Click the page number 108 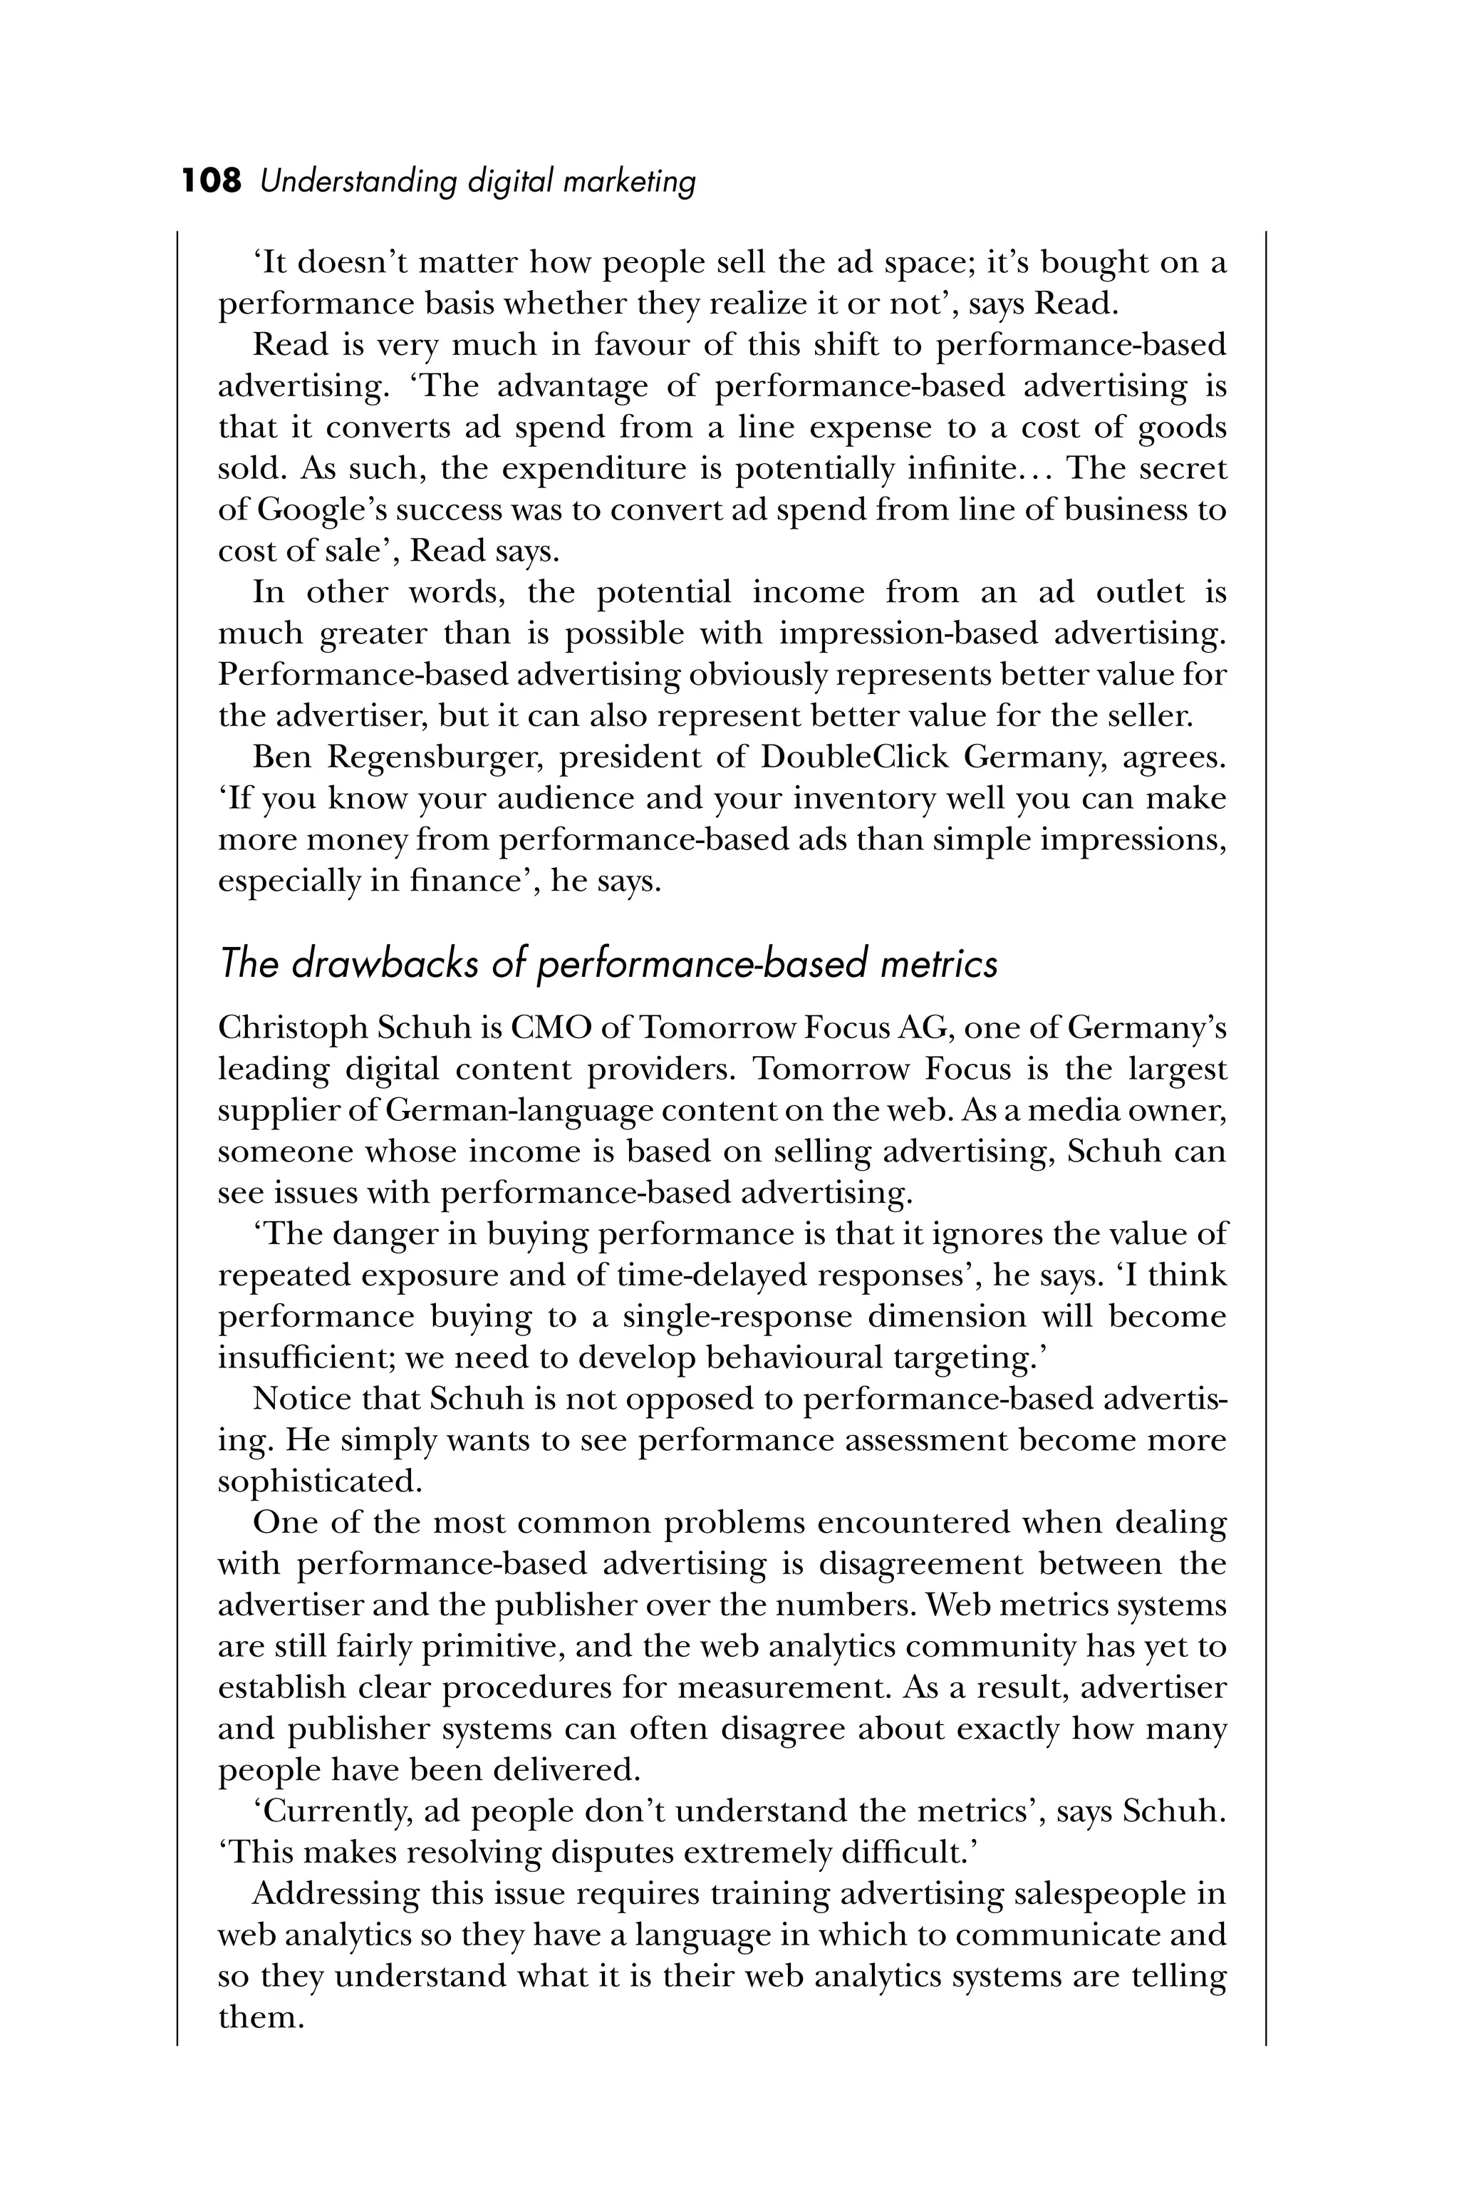(211, 180)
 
